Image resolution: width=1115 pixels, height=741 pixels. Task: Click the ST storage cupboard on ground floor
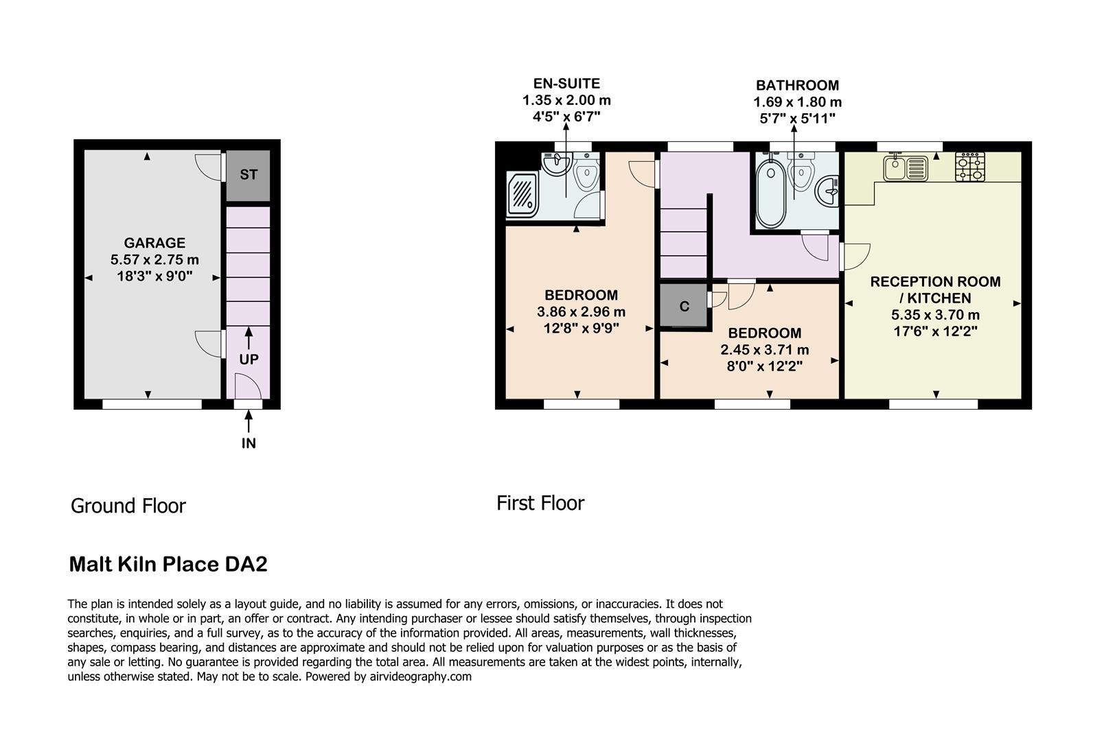point(249,175)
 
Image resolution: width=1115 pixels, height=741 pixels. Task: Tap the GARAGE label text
point(154,243)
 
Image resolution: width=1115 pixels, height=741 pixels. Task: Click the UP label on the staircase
point(249,360)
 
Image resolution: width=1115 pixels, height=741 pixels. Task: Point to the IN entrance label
point(249,443)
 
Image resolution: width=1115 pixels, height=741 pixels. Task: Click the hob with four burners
point(969,167)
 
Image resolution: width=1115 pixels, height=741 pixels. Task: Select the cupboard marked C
point(684,306)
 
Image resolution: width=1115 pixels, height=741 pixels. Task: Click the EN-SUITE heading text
point(566,84)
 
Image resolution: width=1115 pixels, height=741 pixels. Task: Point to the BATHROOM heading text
point(797,86)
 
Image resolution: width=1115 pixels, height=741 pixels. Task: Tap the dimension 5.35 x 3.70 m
point(935,315)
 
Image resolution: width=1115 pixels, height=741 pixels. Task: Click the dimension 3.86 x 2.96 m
point(581,311)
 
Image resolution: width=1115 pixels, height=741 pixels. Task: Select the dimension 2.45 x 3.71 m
point(764,350)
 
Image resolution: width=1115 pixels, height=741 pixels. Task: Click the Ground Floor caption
point(128,506)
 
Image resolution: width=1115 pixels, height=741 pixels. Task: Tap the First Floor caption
point(540,504)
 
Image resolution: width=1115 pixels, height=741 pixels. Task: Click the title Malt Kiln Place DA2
point(168,565)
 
